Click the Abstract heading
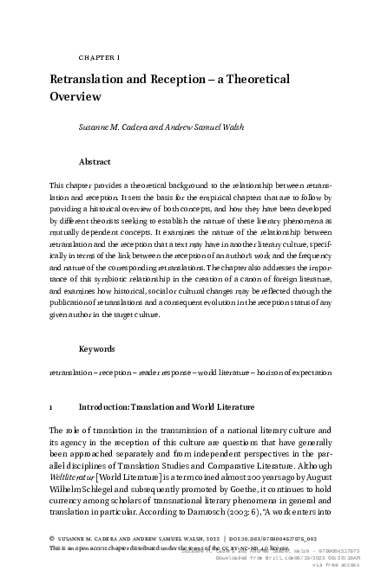[x=95, y=161]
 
